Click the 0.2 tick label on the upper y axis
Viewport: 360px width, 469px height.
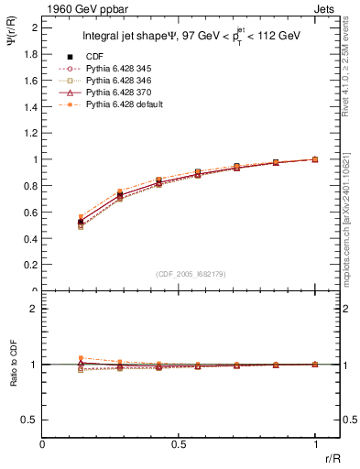(x=31, y=265)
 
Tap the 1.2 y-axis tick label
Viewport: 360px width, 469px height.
(x=31, y=133)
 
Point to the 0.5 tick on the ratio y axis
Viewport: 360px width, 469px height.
(x=31, y=420)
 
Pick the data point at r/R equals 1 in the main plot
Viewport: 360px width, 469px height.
(x=315, y=159)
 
